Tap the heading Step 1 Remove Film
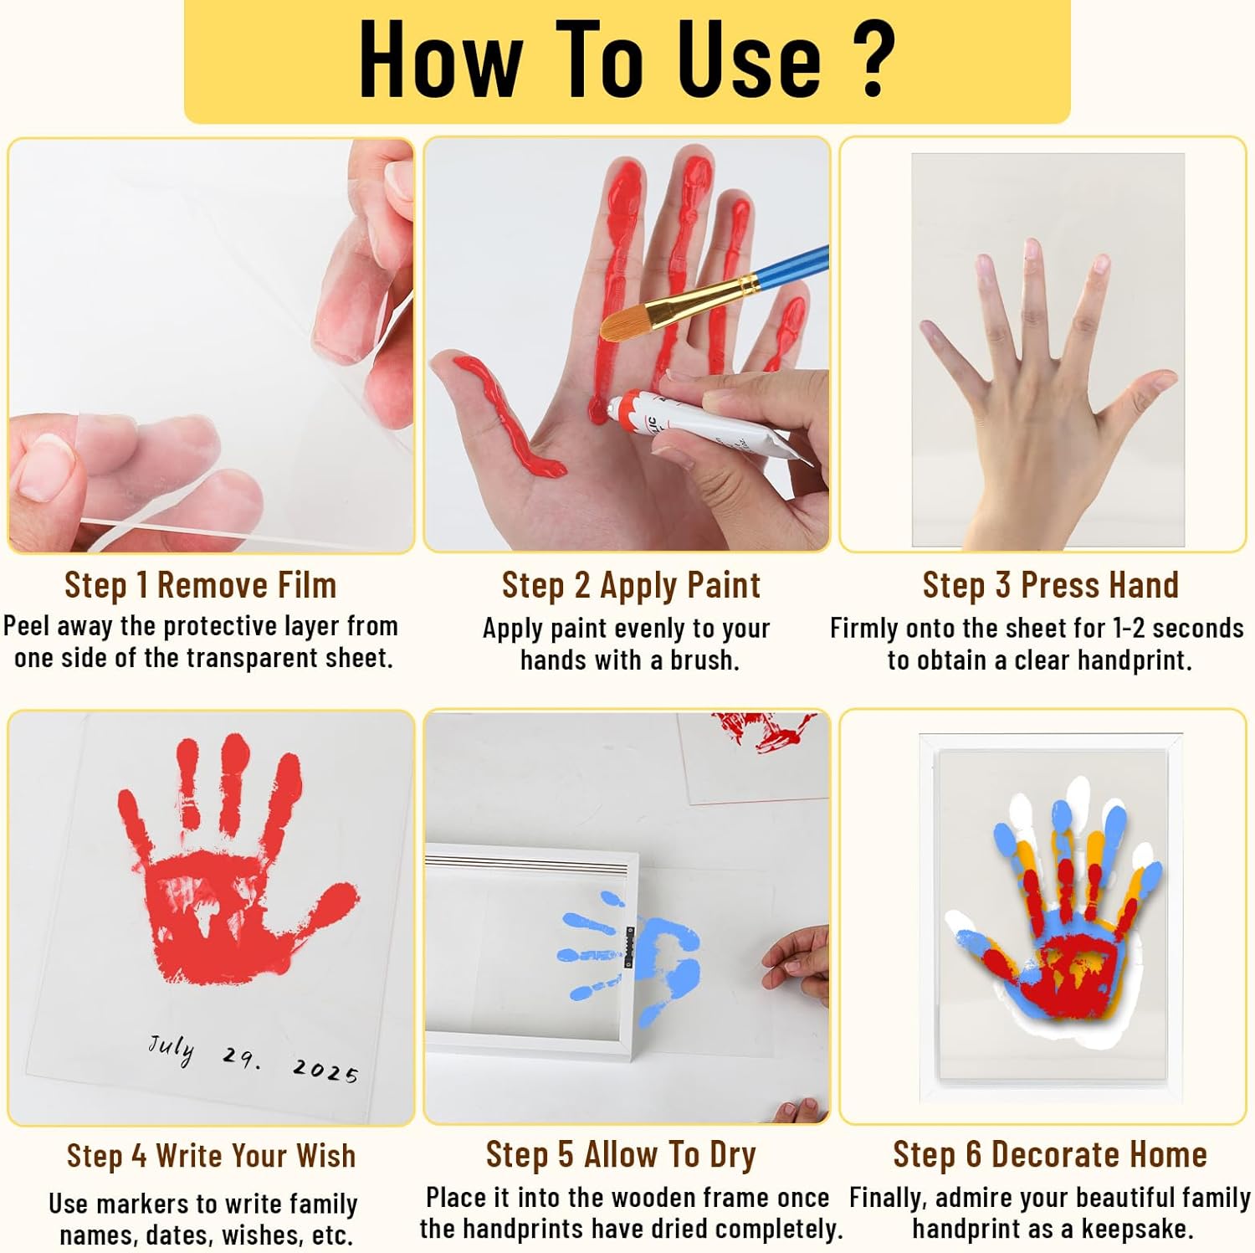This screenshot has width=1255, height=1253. click(200, 585)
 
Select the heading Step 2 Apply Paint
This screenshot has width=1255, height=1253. click(631, 585)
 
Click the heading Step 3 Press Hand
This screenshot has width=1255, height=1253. click(1050, 585)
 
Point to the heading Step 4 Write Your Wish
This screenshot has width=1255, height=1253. click(211, 1156)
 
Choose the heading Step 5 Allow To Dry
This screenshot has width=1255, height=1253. click(621, 1154)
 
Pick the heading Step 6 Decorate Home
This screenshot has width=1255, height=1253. click(1050, 1154)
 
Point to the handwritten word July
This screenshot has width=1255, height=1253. click(172, 1048)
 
